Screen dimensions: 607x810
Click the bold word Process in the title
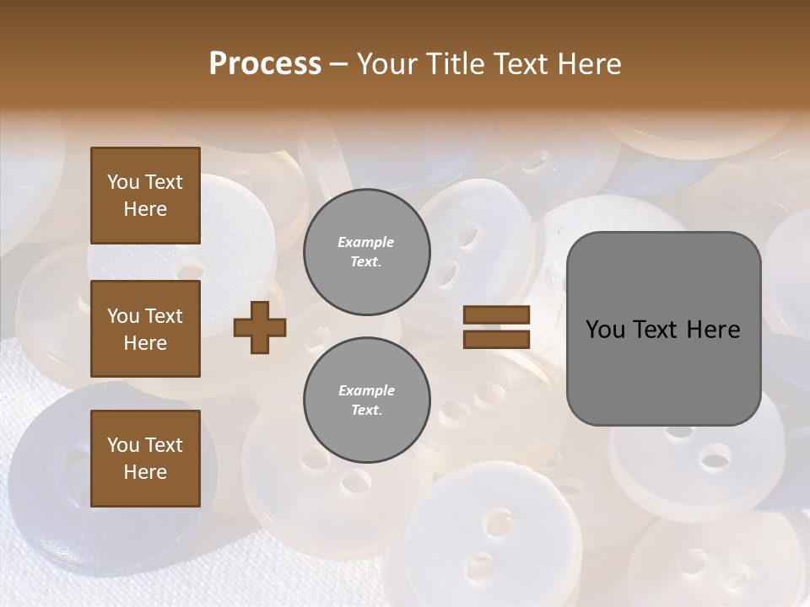click(265, 64)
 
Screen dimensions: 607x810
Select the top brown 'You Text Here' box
click(145, 196)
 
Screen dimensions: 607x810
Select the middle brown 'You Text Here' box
click(145, 329)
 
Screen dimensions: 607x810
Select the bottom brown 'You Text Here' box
click(145, 459)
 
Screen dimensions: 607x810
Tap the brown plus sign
click(260, 327)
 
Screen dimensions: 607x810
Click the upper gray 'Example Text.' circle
click(366, 252)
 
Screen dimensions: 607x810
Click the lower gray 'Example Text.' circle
click(366, 400)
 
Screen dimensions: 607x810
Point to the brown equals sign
click(496, 327)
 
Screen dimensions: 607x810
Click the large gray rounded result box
click(663, 329)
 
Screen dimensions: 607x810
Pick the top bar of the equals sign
click(496, 315)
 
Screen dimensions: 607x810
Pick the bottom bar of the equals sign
click(496, 339)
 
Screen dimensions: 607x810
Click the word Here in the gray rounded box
click(714, 330)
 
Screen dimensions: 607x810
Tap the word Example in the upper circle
click(366, 243)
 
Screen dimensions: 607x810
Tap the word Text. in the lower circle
click(366, 411)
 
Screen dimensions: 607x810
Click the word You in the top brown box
click(122, 182)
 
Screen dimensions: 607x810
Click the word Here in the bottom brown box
click(145, 472)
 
